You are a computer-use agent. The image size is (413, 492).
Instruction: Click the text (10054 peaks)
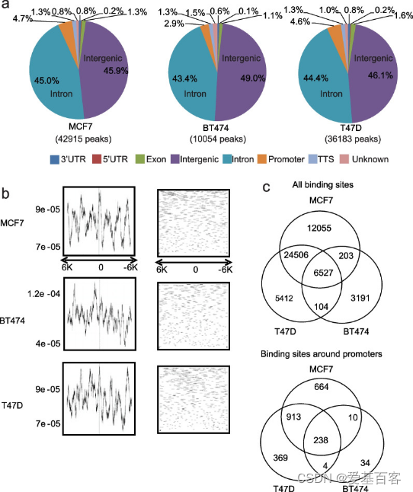pos(218,139)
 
